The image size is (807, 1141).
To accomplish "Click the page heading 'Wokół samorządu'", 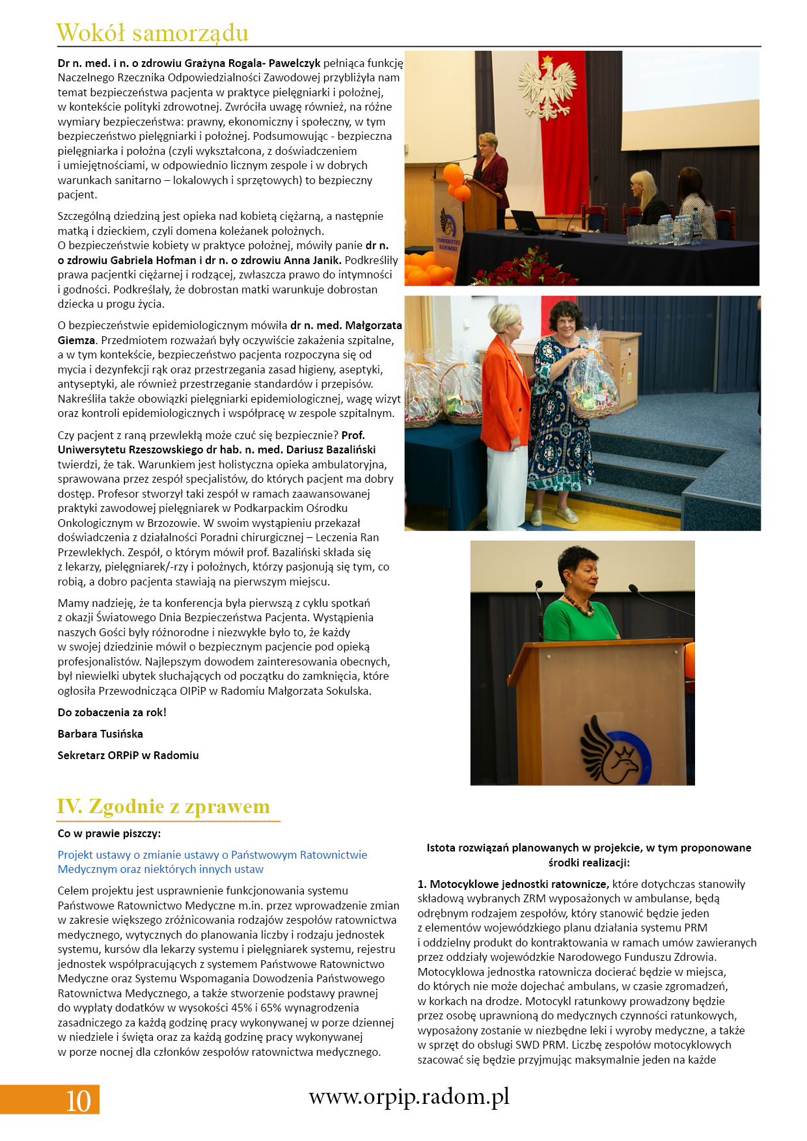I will [152, 33].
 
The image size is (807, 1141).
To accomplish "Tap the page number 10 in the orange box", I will [78, 1100].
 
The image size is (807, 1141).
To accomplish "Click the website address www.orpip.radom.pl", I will [409, 1097].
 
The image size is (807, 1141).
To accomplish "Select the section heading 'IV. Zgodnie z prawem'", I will [163, 807].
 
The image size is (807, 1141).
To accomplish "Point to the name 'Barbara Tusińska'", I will [100, 734].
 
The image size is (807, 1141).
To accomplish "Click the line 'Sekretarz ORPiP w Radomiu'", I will [128, 755].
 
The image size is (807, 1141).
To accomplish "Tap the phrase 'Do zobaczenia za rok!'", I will [112, 712].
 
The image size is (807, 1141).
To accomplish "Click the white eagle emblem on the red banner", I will [548, 88].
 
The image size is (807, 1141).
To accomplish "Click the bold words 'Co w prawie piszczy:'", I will [109, 833].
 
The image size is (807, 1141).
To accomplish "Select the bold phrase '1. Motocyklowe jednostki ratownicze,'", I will [513, 884].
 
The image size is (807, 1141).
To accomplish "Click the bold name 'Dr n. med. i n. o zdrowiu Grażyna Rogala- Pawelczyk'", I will [189, 63].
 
